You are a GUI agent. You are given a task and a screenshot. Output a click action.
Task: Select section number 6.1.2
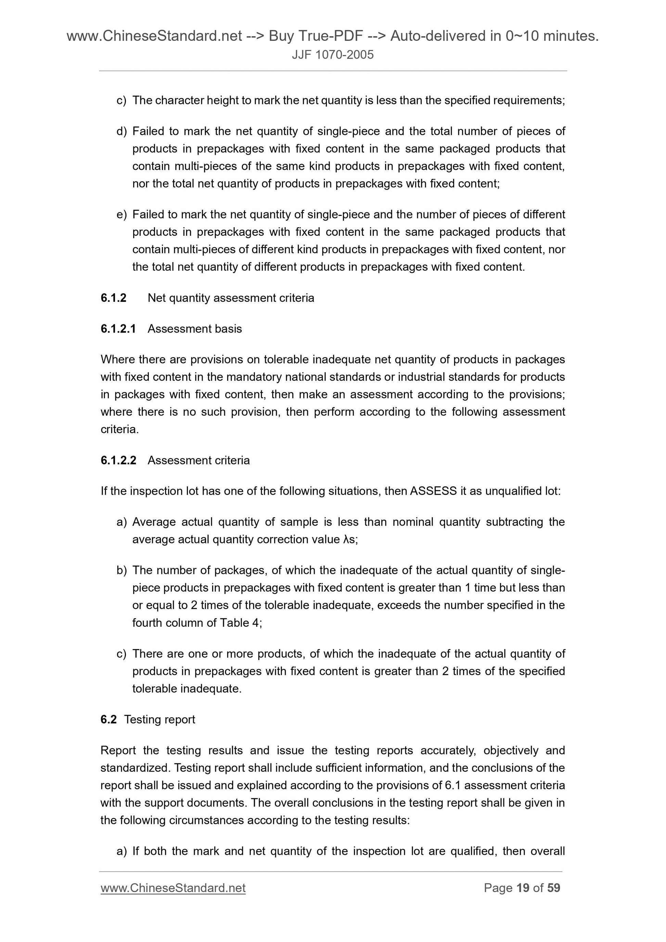(113, 298)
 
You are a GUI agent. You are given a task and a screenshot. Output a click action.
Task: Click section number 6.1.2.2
(118, 460)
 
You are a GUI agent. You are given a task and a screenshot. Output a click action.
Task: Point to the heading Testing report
(159, 719)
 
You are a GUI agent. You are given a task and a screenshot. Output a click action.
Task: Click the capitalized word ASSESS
(433, 491)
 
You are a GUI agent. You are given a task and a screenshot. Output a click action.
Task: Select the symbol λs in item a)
(349, 540)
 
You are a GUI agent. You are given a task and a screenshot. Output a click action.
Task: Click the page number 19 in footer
(522, 888)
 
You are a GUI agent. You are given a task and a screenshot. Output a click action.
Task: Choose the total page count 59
(553, 888)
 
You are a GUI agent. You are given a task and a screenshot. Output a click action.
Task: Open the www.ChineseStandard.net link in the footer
(173, 888)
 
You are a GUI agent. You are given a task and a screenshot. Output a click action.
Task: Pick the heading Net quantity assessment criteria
(231, 298)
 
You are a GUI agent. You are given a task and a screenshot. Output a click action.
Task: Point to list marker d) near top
(121, 131)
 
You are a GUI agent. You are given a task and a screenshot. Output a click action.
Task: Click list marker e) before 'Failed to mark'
(121, 215)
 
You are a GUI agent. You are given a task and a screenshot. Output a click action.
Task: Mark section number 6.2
(108, 719)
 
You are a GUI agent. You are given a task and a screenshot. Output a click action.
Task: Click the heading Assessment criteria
(198, 460)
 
